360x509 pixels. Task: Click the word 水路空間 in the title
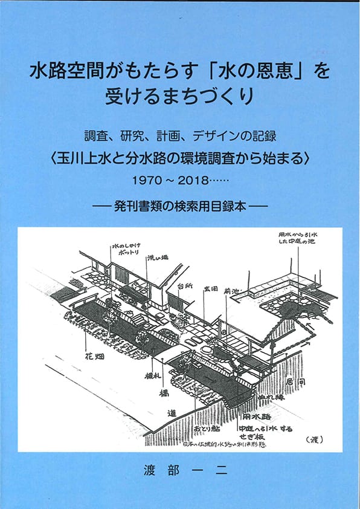click(x=65, y=73)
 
